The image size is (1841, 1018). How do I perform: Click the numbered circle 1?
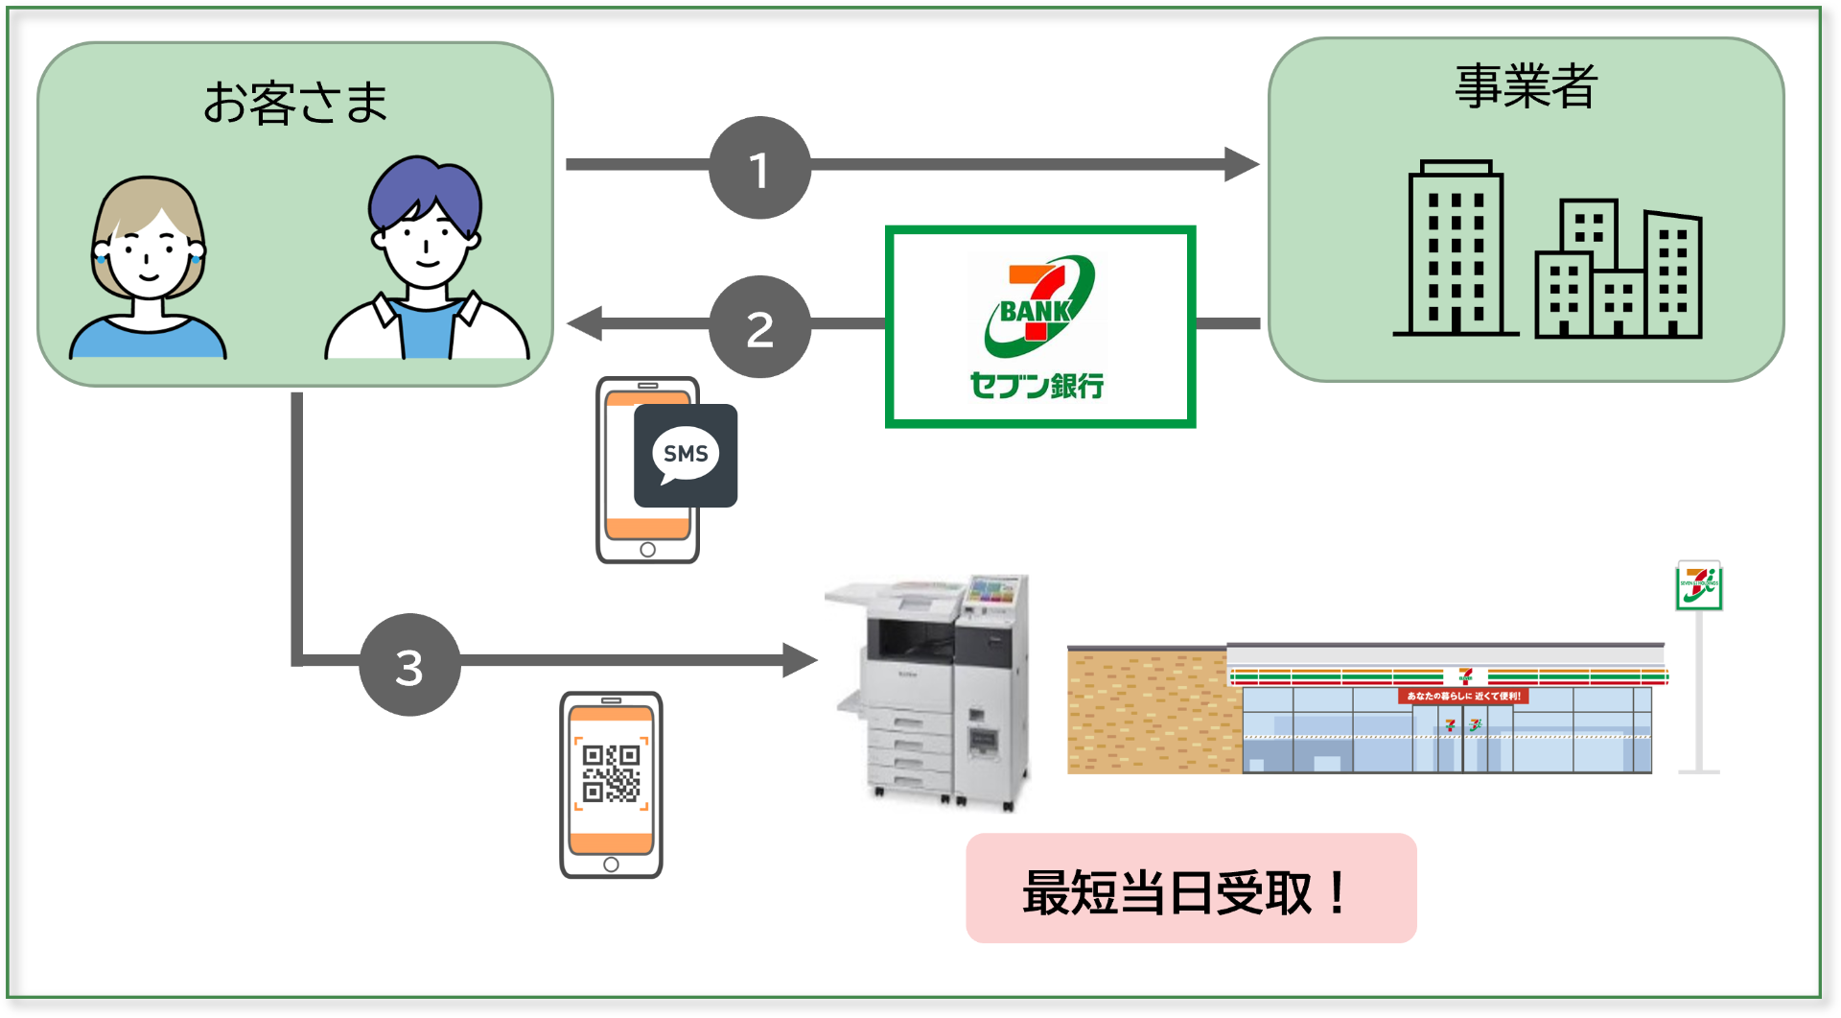[759, 168]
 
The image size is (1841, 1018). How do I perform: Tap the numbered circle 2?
[759, 327]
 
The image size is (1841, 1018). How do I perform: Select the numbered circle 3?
[409, 665]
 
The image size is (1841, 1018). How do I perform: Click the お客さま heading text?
[294, 103]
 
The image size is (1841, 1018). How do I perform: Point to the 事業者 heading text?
[1525, 85]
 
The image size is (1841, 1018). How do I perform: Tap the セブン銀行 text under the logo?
[1037, 386]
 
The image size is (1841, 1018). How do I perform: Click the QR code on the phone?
[611, 773]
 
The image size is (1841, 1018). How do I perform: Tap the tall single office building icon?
[1455, 249]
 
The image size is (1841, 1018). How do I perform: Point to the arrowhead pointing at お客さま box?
[585, 323]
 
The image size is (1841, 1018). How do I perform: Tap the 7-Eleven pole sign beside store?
[1698, 586]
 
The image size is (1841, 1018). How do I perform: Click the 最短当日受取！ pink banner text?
[1190, 891]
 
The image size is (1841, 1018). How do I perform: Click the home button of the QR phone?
[611, 864]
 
